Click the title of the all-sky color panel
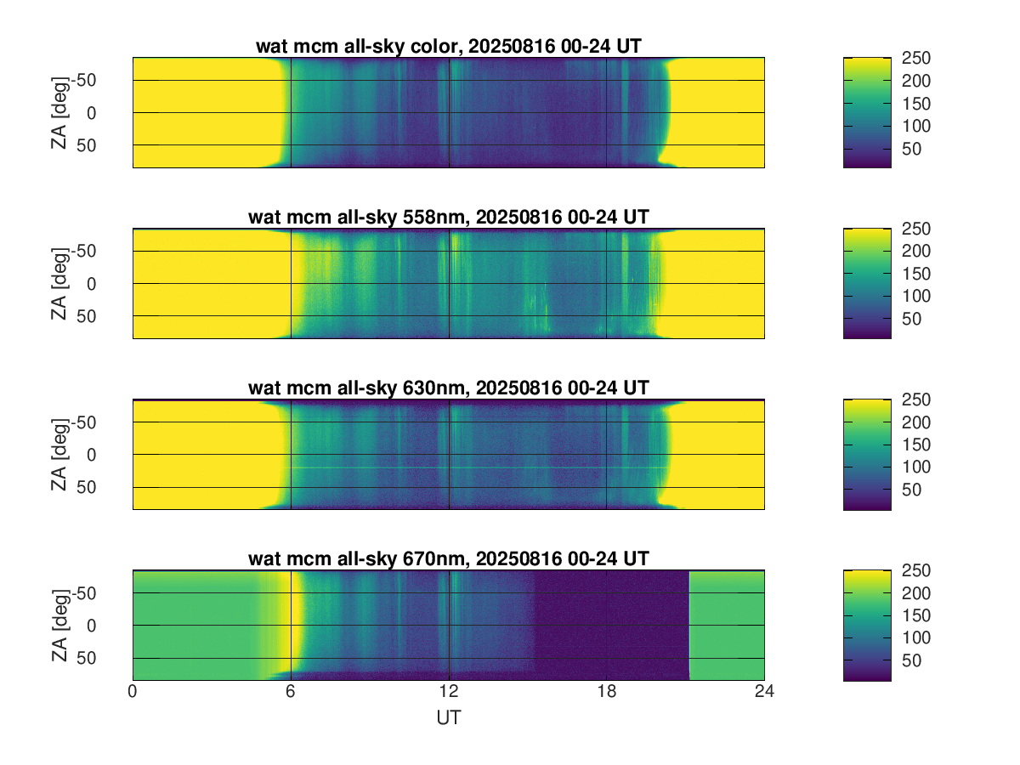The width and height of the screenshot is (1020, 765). point(448,47)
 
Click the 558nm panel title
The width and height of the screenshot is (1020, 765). point(448,217)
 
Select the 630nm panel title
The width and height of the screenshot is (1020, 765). point(448,388)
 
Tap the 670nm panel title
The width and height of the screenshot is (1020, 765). point(448,558)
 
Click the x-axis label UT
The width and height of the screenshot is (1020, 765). point(448,718)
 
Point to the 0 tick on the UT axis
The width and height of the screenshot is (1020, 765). point(133,693)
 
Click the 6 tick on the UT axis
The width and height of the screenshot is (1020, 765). point(291,693)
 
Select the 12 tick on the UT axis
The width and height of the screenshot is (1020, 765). point(449,693)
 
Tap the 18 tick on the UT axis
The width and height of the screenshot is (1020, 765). point(606,693)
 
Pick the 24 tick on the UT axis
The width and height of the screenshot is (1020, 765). point(764,693)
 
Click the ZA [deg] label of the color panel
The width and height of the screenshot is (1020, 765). point(59,112)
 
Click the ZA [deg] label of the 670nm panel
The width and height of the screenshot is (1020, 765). point(59,625)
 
